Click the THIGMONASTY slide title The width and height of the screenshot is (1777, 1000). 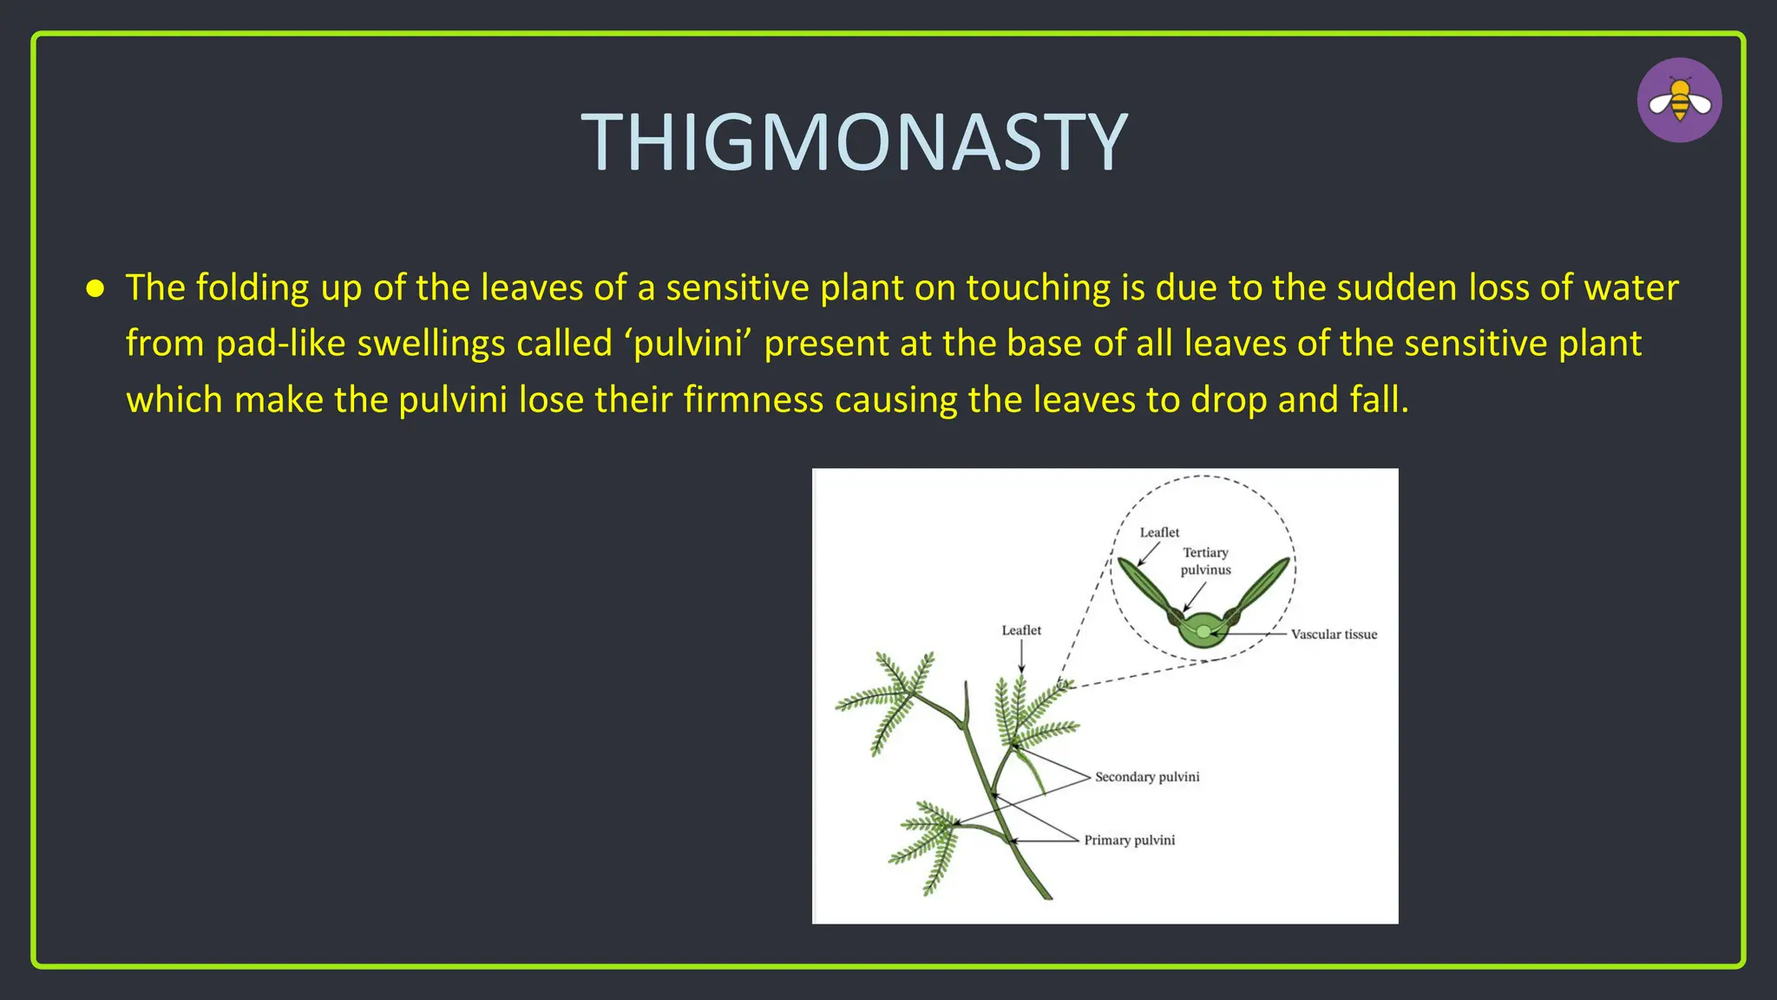[855, 142]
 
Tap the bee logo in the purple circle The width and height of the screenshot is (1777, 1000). [1679, 101]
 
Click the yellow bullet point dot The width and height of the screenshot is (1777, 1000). [95, 288]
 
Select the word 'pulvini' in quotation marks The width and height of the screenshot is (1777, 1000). [689, 344]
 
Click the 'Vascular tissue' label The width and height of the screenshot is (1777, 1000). [1334, 635]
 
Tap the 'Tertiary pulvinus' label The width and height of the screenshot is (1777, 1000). [1205, 561]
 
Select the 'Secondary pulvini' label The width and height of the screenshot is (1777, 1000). [1147, 777]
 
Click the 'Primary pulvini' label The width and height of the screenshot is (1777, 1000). [1130, 840]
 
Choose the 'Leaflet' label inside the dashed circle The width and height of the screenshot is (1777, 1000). [1159, 532]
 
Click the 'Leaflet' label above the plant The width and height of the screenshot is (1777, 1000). [1021, 630]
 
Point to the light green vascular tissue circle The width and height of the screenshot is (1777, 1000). [1203, 632]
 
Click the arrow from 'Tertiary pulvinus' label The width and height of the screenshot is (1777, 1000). [1195, 597]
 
